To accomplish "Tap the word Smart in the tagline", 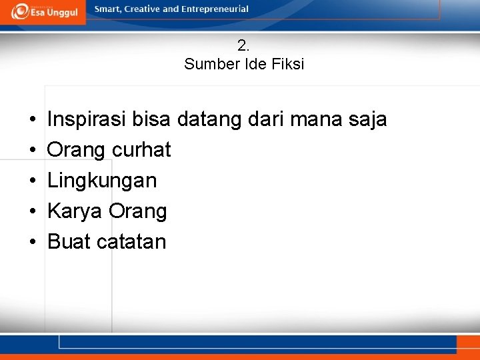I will click(109, 9).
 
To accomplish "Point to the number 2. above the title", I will click(243, 46).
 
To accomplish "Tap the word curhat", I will click(141, 150).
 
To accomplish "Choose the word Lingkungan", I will click(102, 181).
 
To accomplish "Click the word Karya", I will click(75, 211).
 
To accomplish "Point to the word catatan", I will click(131, 241).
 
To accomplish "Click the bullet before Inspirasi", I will click(33, 121).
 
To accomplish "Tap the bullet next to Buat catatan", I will click(33, 242).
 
